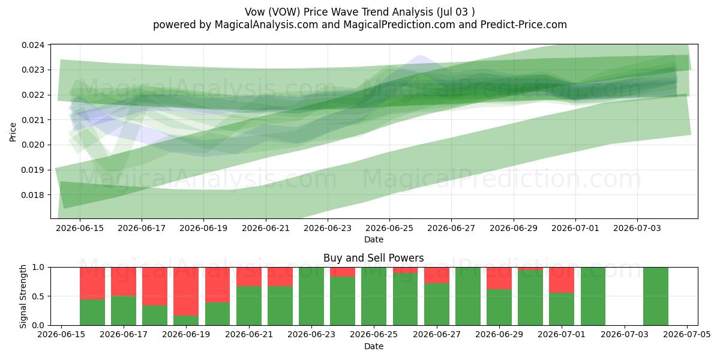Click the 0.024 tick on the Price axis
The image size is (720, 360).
click(x=33, y=45)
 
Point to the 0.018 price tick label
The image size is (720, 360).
click(x=33, y=195)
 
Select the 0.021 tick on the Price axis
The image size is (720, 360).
click(x=33, y=120)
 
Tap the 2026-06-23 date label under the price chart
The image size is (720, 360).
click(x=328, y=228)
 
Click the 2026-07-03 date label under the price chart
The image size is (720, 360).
click(x=637, y=228)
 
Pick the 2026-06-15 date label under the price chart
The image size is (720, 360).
click(x=80, y=228)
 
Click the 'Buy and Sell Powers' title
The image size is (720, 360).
click(x=373, y=258)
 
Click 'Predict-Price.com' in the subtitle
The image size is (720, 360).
click(x=524, y=25)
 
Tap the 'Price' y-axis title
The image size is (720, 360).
click(x=13, y=132)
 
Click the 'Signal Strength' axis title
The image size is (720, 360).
click(x=23, y=296)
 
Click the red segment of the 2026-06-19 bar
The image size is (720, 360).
click(x=186, y=292)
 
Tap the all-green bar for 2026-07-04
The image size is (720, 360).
click(x=656, y=296)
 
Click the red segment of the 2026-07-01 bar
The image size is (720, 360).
click(x=562, y=280)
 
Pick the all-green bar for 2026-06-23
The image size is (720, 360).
click(x=311, y=296)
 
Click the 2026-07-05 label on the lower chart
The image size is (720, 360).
click(x=687, y=335)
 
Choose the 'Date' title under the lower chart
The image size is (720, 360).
click(x=373, y=347)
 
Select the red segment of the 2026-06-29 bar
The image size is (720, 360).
click(x=499, y=278)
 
